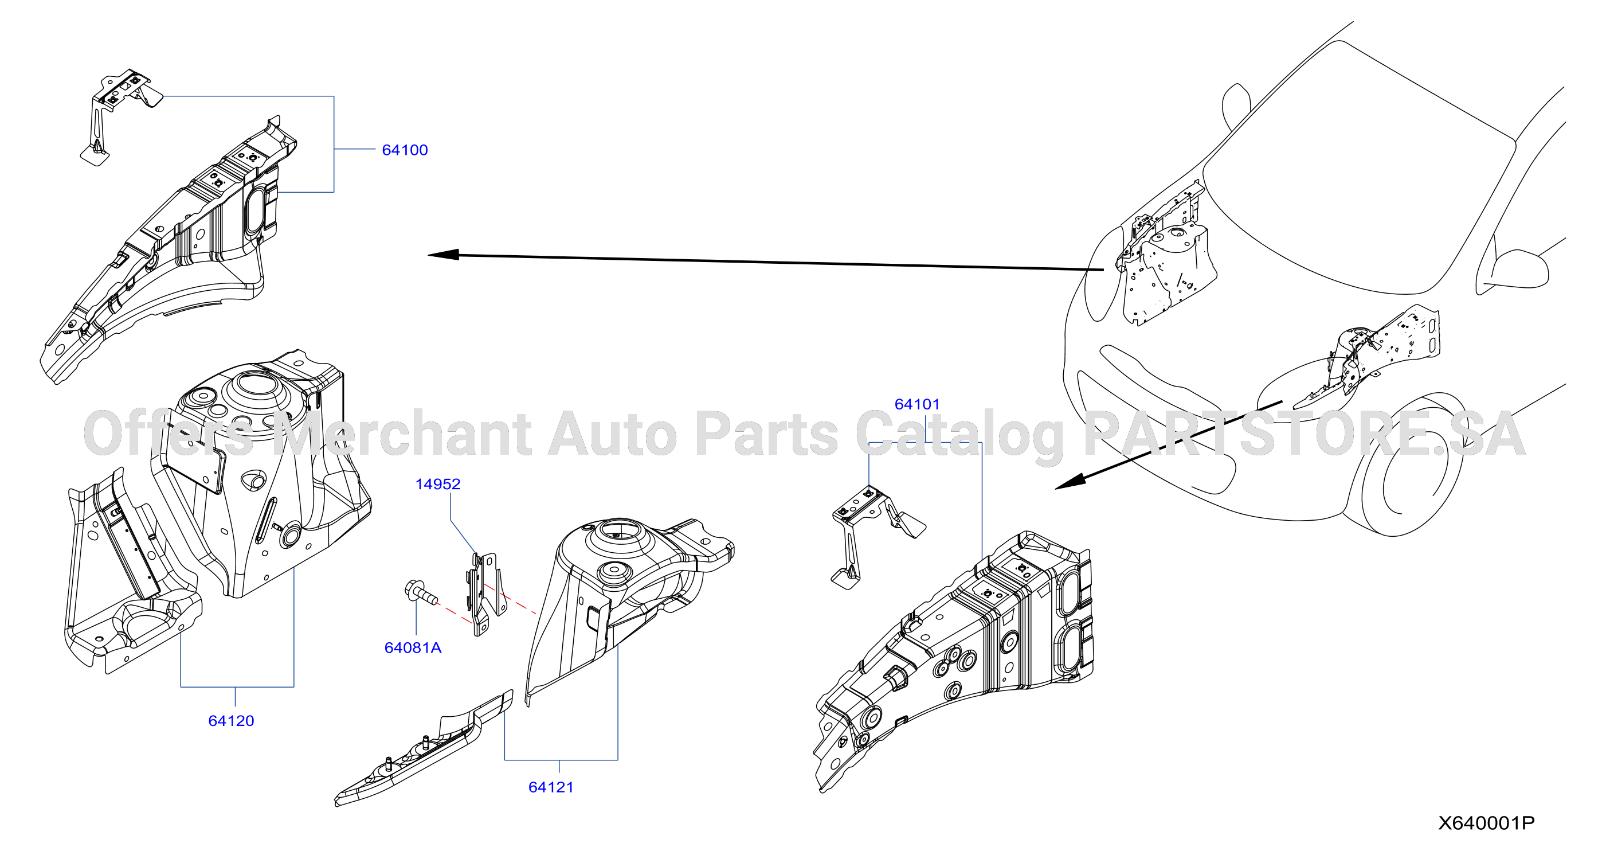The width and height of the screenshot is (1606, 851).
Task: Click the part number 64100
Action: (x=405, y=150)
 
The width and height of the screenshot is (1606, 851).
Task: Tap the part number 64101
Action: (x=916, y=404)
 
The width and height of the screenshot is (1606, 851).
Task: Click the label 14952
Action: (x=438, y=484)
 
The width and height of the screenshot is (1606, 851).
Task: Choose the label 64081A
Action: (x=413, y=647)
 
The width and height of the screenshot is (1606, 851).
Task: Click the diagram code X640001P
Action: (x=1486, y=823)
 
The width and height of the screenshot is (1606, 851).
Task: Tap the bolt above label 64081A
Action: (x=421, y=594)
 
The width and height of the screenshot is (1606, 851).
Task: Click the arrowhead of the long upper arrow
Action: (x=443, y=255)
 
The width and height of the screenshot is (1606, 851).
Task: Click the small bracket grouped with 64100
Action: (x=120, y=115)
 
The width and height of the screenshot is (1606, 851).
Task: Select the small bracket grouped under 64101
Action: (x=876, y=537)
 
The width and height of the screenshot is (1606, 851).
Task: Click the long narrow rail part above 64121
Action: (x=424, y=749)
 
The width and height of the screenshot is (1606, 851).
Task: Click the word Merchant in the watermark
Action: (x=402, y=434)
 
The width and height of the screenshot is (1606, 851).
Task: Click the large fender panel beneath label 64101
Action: (x=954, y=661)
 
